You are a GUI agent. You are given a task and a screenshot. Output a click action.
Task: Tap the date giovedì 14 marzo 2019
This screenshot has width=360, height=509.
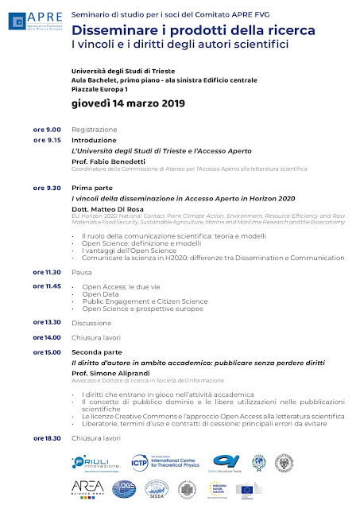point(127,103)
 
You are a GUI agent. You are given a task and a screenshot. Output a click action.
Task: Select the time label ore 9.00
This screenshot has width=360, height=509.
point(47,130)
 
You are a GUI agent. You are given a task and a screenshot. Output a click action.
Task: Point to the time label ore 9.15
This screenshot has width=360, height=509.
point(47,140)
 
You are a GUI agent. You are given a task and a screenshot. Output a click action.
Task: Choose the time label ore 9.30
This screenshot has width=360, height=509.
point(47,188)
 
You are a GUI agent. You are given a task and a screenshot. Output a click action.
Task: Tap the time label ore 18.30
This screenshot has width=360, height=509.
point(47,438)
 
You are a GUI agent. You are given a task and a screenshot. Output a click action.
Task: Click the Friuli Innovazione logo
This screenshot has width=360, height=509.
point(95,463)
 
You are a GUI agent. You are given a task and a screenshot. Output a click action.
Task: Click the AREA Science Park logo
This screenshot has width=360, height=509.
point(87,488)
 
